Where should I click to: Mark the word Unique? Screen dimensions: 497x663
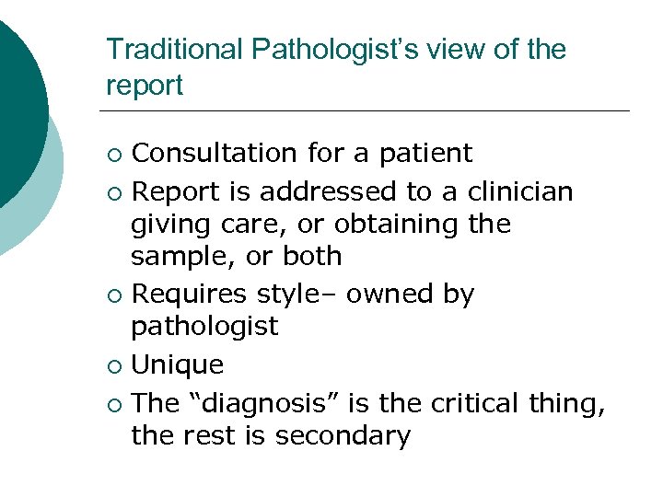[178, 365]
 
